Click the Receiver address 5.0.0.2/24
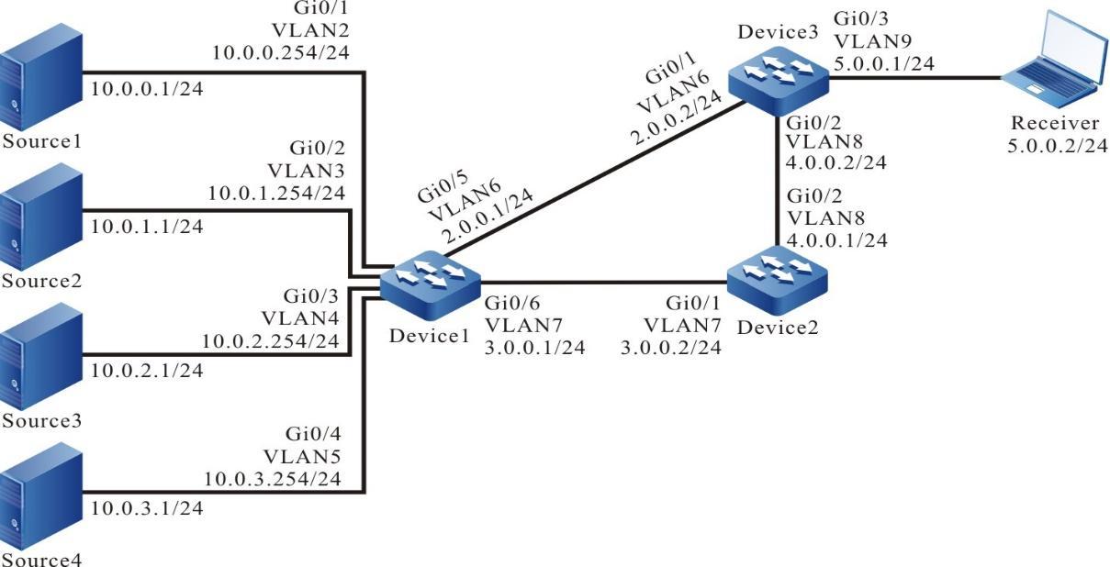1057,146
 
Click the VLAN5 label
315,456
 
